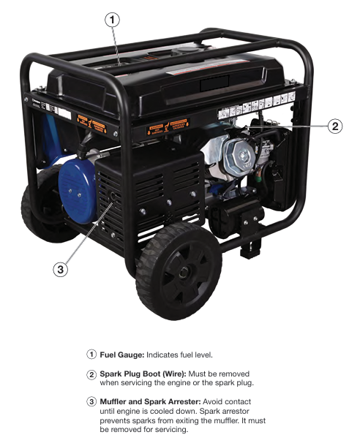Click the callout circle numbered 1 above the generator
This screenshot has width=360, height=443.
112,20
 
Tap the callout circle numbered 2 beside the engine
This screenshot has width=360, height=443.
335,126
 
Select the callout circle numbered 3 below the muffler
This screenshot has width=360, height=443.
61,269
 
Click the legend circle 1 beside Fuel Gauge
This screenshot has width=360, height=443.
91,355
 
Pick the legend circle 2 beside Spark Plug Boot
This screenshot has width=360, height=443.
91,374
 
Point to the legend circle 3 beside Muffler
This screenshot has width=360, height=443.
91,402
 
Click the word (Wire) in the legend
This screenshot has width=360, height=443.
174,374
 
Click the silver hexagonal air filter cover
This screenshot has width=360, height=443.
239,155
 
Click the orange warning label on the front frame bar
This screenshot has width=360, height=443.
168,126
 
